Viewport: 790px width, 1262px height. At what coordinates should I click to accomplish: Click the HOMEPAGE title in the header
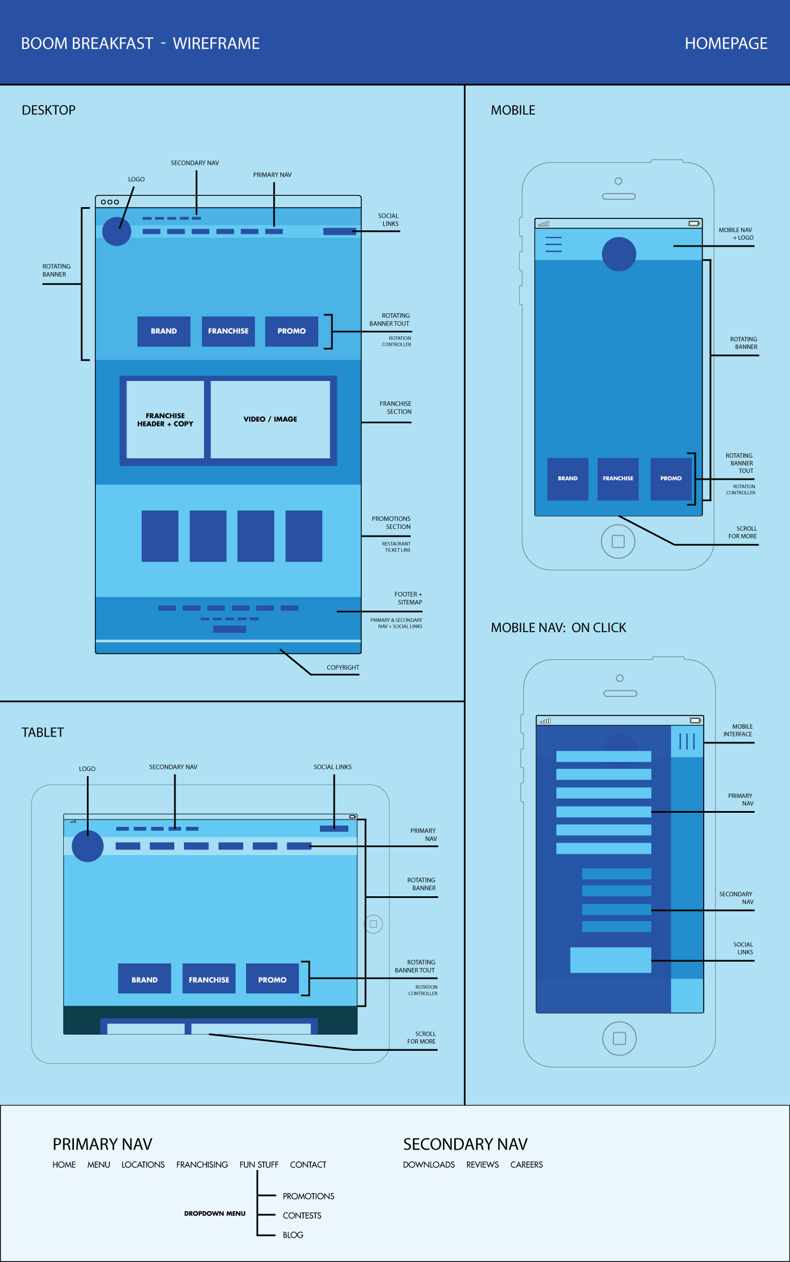pos(726,43)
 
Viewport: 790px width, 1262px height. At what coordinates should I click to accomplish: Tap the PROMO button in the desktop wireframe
pos(291,331)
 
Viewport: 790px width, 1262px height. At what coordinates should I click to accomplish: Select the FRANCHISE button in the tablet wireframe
pos(209,979)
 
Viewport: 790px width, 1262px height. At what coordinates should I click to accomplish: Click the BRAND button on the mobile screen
pos(568,479)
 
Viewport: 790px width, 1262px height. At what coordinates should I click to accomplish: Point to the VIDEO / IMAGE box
pos(270,419)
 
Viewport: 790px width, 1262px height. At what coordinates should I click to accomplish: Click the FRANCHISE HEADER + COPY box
pos(165,419)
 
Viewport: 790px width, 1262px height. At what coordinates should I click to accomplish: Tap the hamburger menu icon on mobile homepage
pos(553,244)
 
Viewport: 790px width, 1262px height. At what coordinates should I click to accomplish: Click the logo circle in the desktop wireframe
pos(117,231)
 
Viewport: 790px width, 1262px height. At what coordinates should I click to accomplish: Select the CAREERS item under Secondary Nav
pos(526,1165)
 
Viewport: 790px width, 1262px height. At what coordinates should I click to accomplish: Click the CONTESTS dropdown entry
pos(302,1216)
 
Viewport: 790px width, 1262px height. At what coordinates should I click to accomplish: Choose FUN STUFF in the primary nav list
pos(258,1165)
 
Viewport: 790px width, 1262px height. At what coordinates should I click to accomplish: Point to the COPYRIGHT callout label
pos(343,668)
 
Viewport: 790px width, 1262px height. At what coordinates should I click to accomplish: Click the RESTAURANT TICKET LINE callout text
pos(397,547)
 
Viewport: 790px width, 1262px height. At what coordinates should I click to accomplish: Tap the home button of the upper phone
pos(618,541)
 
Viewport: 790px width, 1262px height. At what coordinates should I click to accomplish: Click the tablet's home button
pos(373,924)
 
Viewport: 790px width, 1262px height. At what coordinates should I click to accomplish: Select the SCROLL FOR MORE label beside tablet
pos(422,1038)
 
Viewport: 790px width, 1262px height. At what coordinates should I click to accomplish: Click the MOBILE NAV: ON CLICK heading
pos(558,628)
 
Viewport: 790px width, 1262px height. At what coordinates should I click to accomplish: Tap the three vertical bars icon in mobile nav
pos(687,741)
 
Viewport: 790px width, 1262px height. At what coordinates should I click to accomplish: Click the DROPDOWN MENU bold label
pos(214,1213)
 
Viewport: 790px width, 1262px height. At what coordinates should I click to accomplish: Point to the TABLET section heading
pos(43,733)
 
